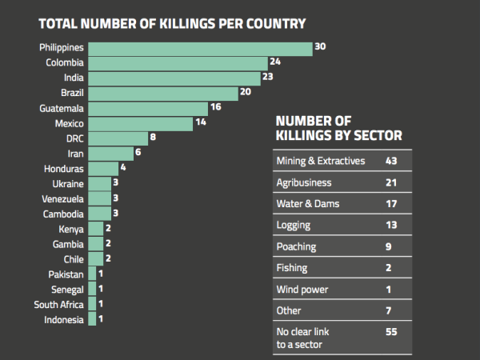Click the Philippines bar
click(200, 49)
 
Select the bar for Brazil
click(163, 94)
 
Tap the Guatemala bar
click(148, 109)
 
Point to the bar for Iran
click(111, 154)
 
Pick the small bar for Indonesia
click(92, 318)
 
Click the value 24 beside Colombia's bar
click(275, 62)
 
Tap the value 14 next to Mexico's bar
click(201, 122)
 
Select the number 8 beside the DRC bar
click(153, 137)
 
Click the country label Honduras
click(64, 169)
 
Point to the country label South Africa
click(58, 305)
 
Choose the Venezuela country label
click(62, 199)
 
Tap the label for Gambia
click(68, 244)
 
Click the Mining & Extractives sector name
click(321, 161)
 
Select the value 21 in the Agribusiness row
click(391, 182)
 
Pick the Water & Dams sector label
click(308, 203)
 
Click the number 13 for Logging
click(391, 225)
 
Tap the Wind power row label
click(302, 290)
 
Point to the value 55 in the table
click(391, 332)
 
